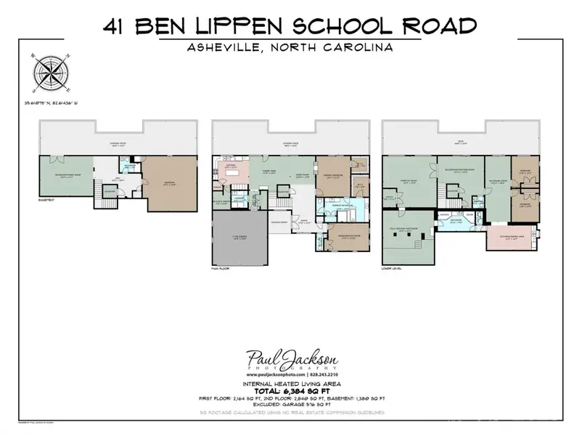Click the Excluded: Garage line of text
coord(290,406)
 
